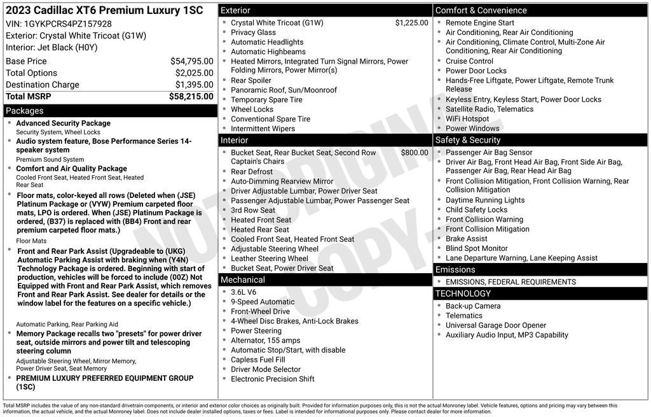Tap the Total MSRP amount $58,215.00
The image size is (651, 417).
(x=191, y=96)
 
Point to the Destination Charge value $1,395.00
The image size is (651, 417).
(x=194, y=85)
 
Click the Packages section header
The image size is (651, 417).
(x=24, y=111)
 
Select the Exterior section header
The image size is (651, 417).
(x=235, y=10)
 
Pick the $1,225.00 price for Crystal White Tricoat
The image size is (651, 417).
(x=411, y=23)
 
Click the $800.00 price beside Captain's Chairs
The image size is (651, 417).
(x=415, y=153)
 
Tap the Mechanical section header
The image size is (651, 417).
(x=242, y=279)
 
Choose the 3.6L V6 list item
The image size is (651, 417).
(x=243, y=292)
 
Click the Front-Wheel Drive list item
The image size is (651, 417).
(x=260, y=311)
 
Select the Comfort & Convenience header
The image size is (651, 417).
(x=481, y=10)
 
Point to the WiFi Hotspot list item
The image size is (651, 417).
(x=467, y=118)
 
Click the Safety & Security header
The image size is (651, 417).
(x=468, y=140)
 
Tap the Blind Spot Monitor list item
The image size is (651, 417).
(x=476, y=248)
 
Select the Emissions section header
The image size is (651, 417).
(x=455, y=269)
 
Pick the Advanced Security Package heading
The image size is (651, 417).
(x=63, y=124)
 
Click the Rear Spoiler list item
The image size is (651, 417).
(x=250, y=80)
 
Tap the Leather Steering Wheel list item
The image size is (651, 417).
(x=269, y=258)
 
